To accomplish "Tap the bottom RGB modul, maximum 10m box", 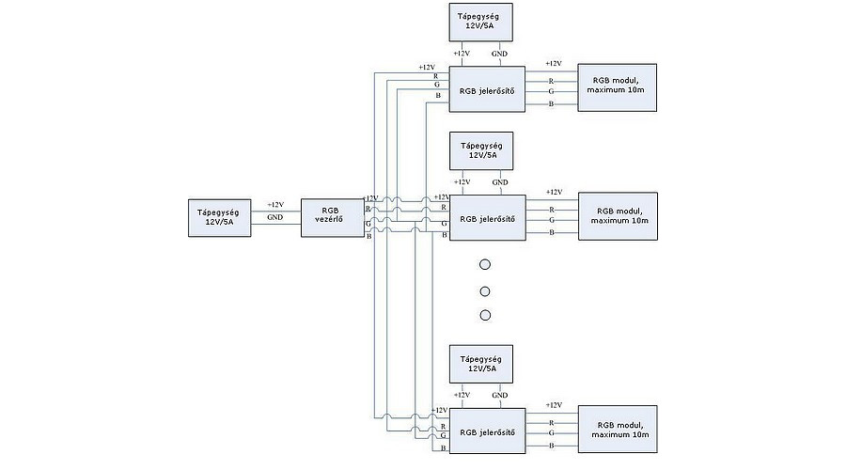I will pos(618,430).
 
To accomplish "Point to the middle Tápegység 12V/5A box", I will pos(481,151).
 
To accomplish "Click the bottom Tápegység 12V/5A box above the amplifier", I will pos(481,364).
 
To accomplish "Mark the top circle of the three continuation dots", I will pos(485,266).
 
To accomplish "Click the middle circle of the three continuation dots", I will pos(485,290).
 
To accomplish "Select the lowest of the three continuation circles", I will pos(485,315).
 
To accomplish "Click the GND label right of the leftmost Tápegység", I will pos(274,217).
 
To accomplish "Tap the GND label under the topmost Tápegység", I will pos(500,55).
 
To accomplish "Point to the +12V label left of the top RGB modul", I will pos(553,64).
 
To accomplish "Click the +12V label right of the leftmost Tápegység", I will pos(275,204).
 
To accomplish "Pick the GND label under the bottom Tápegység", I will pos(500,396).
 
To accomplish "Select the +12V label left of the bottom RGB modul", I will pos(553,405).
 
